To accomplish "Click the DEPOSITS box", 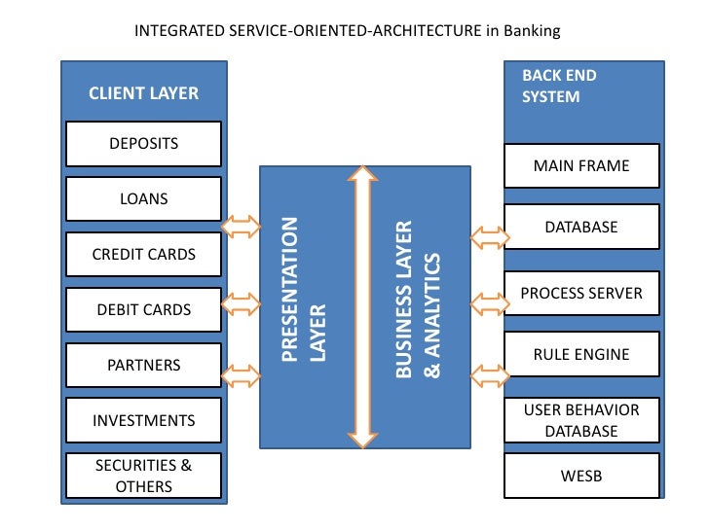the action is point(143,144).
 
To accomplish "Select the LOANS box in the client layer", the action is point(143,198).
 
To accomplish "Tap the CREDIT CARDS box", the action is point(143,254).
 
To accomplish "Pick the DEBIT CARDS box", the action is point(143,309).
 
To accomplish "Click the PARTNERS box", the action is point(143,365).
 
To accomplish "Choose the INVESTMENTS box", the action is point(143,420).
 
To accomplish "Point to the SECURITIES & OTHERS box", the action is point(143,476).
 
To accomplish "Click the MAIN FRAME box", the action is point(581,165).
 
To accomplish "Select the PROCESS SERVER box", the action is point(581,293).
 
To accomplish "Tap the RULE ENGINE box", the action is point(581,354).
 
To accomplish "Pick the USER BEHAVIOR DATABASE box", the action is point(581,420).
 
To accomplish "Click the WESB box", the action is point(581,476).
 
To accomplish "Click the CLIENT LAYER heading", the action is point(143,93).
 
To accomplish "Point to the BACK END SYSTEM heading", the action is point(559,86).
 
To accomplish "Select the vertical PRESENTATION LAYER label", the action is point(303,289).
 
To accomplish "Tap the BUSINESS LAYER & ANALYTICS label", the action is point(418,299).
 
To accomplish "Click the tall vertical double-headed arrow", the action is point(362,307).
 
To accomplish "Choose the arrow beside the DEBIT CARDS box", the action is point(241,303).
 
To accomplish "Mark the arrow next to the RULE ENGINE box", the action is point(490,375).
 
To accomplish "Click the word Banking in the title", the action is point(532,31).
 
